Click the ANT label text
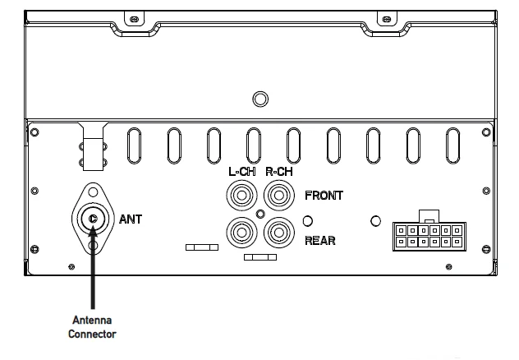[x=131, y=219]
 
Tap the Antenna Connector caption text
[x=93, y=327]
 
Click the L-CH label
[x=241, y=173]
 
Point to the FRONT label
[x=324, y=196]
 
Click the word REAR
[x=320, y=242]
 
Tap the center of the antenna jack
[x=94, y=219]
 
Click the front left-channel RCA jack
[x=241, y=196]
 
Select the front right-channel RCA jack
[x=278, y=196]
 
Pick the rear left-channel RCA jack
[x=241, y=233]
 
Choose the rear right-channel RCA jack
[x=278, y=233]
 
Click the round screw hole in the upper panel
[x=259, y=99]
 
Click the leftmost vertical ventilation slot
[x=133, y=146]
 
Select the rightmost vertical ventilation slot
[x=452, y=146]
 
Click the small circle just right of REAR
[x=307, y=221]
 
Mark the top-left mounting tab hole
[x=129, y=15]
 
